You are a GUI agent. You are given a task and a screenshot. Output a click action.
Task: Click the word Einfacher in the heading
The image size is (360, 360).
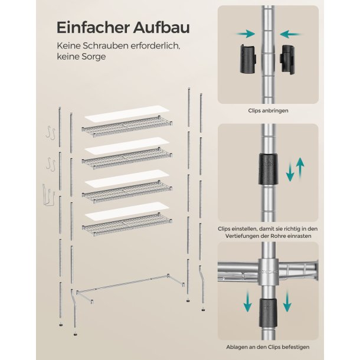[93, 28]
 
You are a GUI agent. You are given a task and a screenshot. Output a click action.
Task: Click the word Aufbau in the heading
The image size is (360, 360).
[162, 28]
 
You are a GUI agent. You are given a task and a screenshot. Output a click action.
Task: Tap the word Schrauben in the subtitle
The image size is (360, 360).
[106, 45]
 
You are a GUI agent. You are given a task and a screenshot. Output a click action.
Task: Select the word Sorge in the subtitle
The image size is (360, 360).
[94, 57]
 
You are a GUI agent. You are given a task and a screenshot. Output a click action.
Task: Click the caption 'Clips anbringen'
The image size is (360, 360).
[268, 111]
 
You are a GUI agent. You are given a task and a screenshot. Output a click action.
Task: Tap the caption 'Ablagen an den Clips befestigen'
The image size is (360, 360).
[268, 347]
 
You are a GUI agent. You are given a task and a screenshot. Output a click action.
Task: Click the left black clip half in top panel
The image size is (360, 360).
[248, 59]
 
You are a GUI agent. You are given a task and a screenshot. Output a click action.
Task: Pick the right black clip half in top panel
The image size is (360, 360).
[288, 60]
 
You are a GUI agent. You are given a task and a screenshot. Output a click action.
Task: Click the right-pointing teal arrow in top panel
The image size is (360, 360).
[246, 34]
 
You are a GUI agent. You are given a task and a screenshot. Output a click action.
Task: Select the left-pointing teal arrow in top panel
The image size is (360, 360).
[291, 34]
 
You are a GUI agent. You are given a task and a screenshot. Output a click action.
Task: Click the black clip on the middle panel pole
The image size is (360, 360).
[268, 169]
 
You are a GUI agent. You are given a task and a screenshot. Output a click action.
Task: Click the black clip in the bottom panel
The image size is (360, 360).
[268, 313]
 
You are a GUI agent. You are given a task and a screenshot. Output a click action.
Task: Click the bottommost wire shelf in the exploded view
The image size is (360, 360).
[127, 224]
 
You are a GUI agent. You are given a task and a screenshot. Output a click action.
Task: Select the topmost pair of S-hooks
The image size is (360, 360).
[51, 132]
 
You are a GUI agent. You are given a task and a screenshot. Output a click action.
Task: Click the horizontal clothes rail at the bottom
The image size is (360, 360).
[130, 287]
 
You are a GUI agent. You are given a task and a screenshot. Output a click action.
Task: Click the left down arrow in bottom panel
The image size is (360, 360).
[247, 301]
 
